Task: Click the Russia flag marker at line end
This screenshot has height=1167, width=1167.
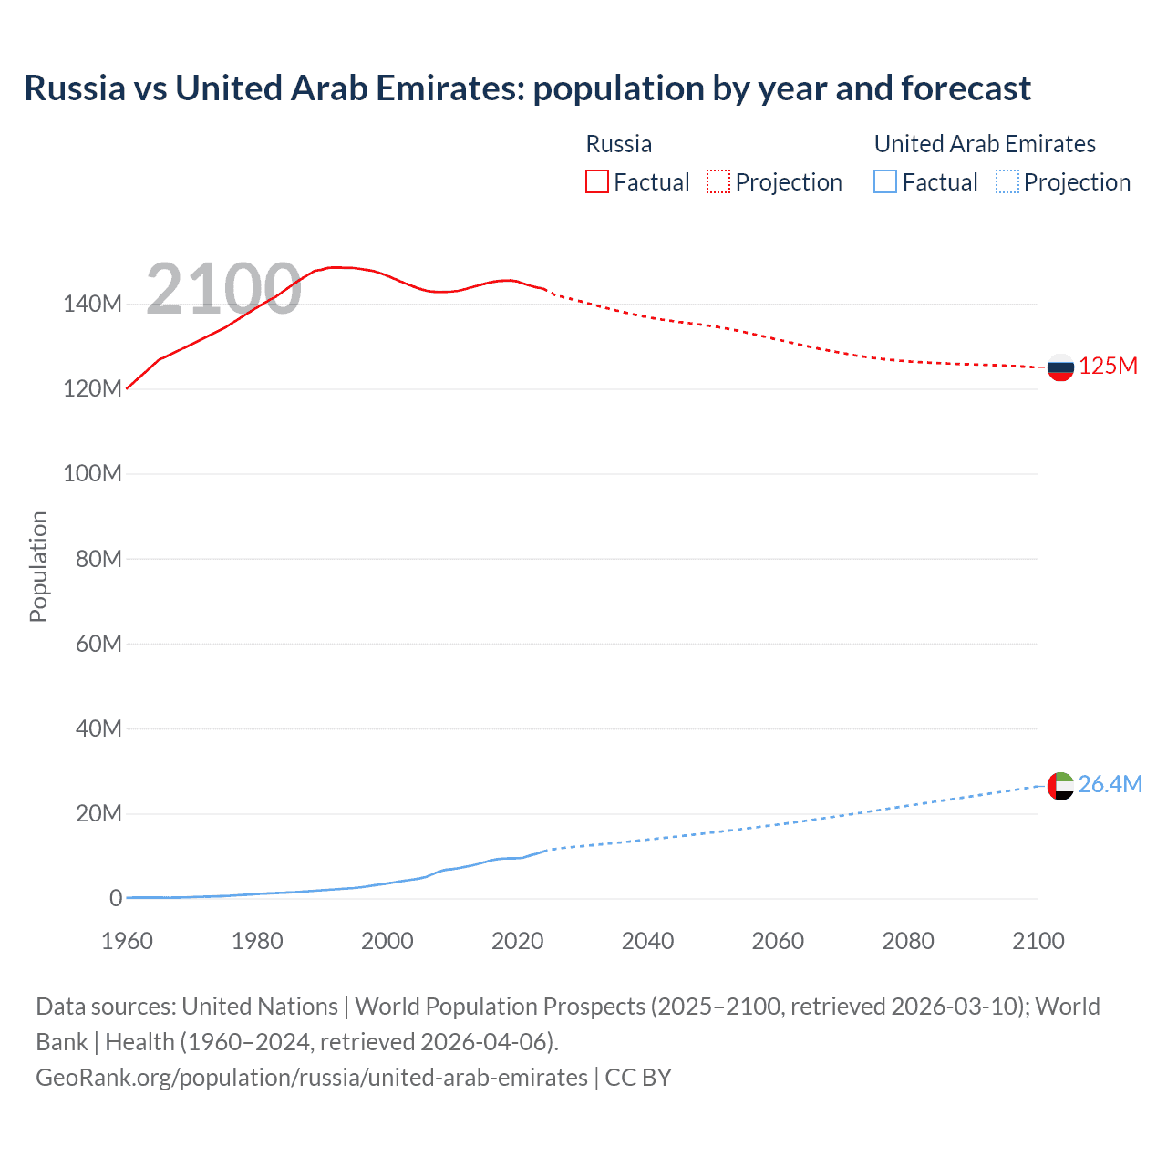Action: point(1060,367)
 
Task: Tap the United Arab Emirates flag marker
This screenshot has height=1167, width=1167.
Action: point(1060,785)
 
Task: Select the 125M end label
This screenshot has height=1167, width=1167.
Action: point(1108,367)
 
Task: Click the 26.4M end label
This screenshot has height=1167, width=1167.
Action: point(1110,784)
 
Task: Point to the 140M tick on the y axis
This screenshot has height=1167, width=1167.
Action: point(92,305)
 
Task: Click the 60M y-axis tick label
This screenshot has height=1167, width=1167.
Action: point(98,644)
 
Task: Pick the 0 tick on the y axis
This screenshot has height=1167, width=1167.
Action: point(116,898)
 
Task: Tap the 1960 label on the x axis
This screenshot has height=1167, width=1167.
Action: point(127,941)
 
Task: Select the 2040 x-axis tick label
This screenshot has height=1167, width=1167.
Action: point(647,941)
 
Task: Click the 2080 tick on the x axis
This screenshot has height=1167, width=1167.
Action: point(908,941)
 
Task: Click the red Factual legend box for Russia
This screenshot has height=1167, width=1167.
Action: point(597,181)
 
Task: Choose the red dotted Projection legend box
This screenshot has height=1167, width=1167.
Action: point(718,181)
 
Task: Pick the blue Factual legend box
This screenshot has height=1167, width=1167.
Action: point(885,181)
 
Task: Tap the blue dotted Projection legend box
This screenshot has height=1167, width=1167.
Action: point(1007,181)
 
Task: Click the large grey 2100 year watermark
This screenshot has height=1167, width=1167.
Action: point(223,289)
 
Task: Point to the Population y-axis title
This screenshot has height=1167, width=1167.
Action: point(38,566)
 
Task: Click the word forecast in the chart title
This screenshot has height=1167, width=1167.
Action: point(966,88)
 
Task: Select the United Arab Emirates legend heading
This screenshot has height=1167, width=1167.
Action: point(985,144)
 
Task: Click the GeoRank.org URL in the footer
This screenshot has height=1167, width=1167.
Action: point(312,1078)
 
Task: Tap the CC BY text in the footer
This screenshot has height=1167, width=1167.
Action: point(638,1078)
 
